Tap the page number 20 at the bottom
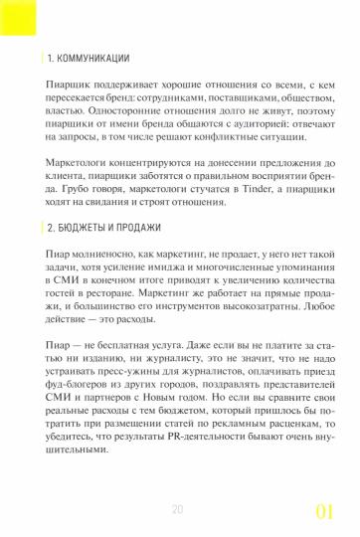coord(178,508)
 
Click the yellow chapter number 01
coord(325,511)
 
